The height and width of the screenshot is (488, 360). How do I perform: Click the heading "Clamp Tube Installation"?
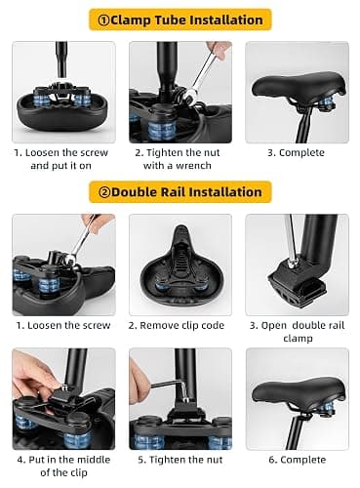point(186,20)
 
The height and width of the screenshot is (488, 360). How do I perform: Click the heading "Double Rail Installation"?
point(186,192)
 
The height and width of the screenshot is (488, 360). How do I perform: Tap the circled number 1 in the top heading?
point(103,20)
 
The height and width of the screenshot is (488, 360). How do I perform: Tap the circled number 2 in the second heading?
point(104,192)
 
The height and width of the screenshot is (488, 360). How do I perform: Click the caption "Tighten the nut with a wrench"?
point(178,159)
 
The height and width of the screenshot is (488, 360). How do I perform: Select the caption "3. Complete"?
point(296,153)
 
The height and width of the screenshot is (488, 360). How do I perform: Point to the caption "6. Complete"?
point(298,460)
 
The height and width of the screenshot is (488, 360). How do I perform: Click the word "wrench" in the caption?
point(193,166)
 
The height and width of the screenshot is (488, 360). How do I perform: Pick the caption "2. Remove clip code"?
point(177,325)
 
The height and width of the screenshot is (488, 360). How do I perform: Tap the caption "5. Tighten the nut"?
point(180,460)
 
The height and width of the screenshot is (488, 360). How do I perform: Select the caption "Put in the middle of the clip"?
point(63,466)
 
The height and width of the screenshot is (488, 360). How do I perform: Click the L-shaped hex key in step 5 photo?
point(170,387)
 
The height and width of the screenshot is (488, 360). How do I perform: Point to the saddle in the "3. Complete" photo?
point(299,86)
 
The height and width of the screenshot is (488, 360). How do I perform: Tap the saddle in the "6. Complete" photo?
point(299,391)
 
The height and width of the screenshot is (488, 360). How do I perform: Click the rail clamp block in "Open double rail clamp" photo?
point(297,281)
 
